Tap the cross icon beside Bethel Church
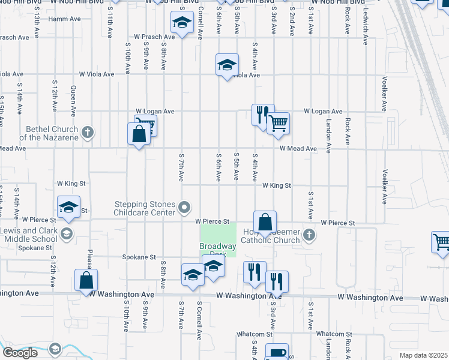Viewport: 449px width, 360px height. point(88,133)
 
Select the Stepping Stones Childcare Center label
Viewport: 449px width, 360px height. point(145,208)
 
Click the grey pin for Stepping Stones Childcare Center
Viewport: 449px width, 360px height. point(185,208)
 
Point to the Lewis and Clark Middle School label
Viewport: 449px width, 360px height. point(29,235)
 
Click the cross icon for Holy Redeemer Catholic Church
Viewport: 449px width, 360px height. point(309,235)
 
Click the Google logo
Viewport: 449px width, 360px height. point(20,352)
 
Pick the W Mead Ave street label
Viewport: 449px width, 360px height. point(298,148)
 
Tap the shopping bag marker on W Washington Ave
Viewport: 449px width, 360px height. point(86,280)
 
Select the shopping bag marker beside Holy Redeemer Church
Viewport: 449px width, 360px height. point(265,221)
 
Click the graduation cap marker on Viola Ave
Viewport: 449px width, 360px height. point(228,64)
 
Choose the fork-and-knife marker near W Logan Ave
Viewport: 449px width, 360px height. point(262,114)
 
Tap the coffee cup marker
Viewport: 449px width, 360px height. point(277,353)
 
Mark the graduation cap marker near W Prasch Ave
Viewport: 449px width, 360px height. point(182,24)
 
